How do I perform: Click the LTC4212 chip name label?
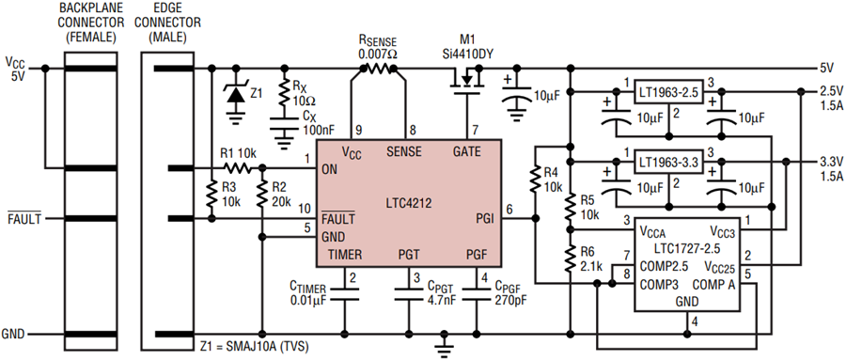(x=408, y=203)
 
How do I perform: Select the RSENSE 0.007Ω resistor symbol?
(x=378, y=68)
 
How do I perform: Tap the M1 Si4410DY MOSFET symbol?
(x=465, y=81)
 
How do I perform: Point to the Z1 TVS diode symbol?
(x=235, y=94)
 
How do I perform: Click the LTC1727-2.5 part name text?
(x=686, y=249)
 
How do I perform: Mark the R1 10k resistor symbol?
(x=236, y=169)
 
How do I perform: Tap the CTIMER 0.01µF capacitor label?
(x=309, y=293)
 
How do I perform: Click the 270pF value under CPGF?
(x=506, y=300)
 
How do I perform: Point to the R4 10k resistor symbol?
(x=535, y=180)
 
